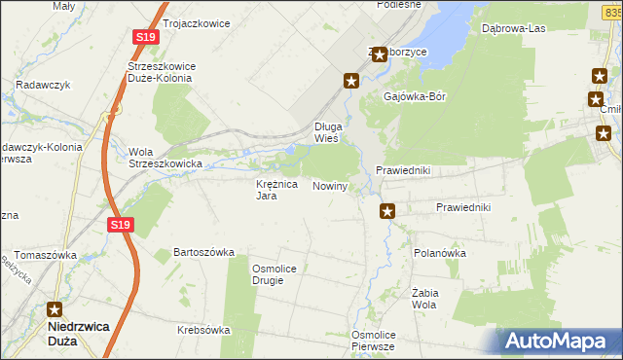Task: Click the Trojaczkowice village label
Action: coord(197,22)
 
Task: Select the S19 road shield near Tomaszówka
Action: coord(118,226)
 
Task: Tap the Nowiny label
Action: coord(330,186)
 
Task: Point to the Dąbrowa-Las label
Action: coord(513,28)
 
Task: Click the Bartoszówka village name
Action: coord(204,252)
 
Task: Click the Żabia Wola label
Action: coord(422,298)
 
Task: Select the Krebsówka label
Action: coord(203,330)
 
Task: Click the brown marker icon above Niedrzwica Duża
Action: coord(59,308)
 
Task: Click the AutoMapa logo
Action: coord(558,342)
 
